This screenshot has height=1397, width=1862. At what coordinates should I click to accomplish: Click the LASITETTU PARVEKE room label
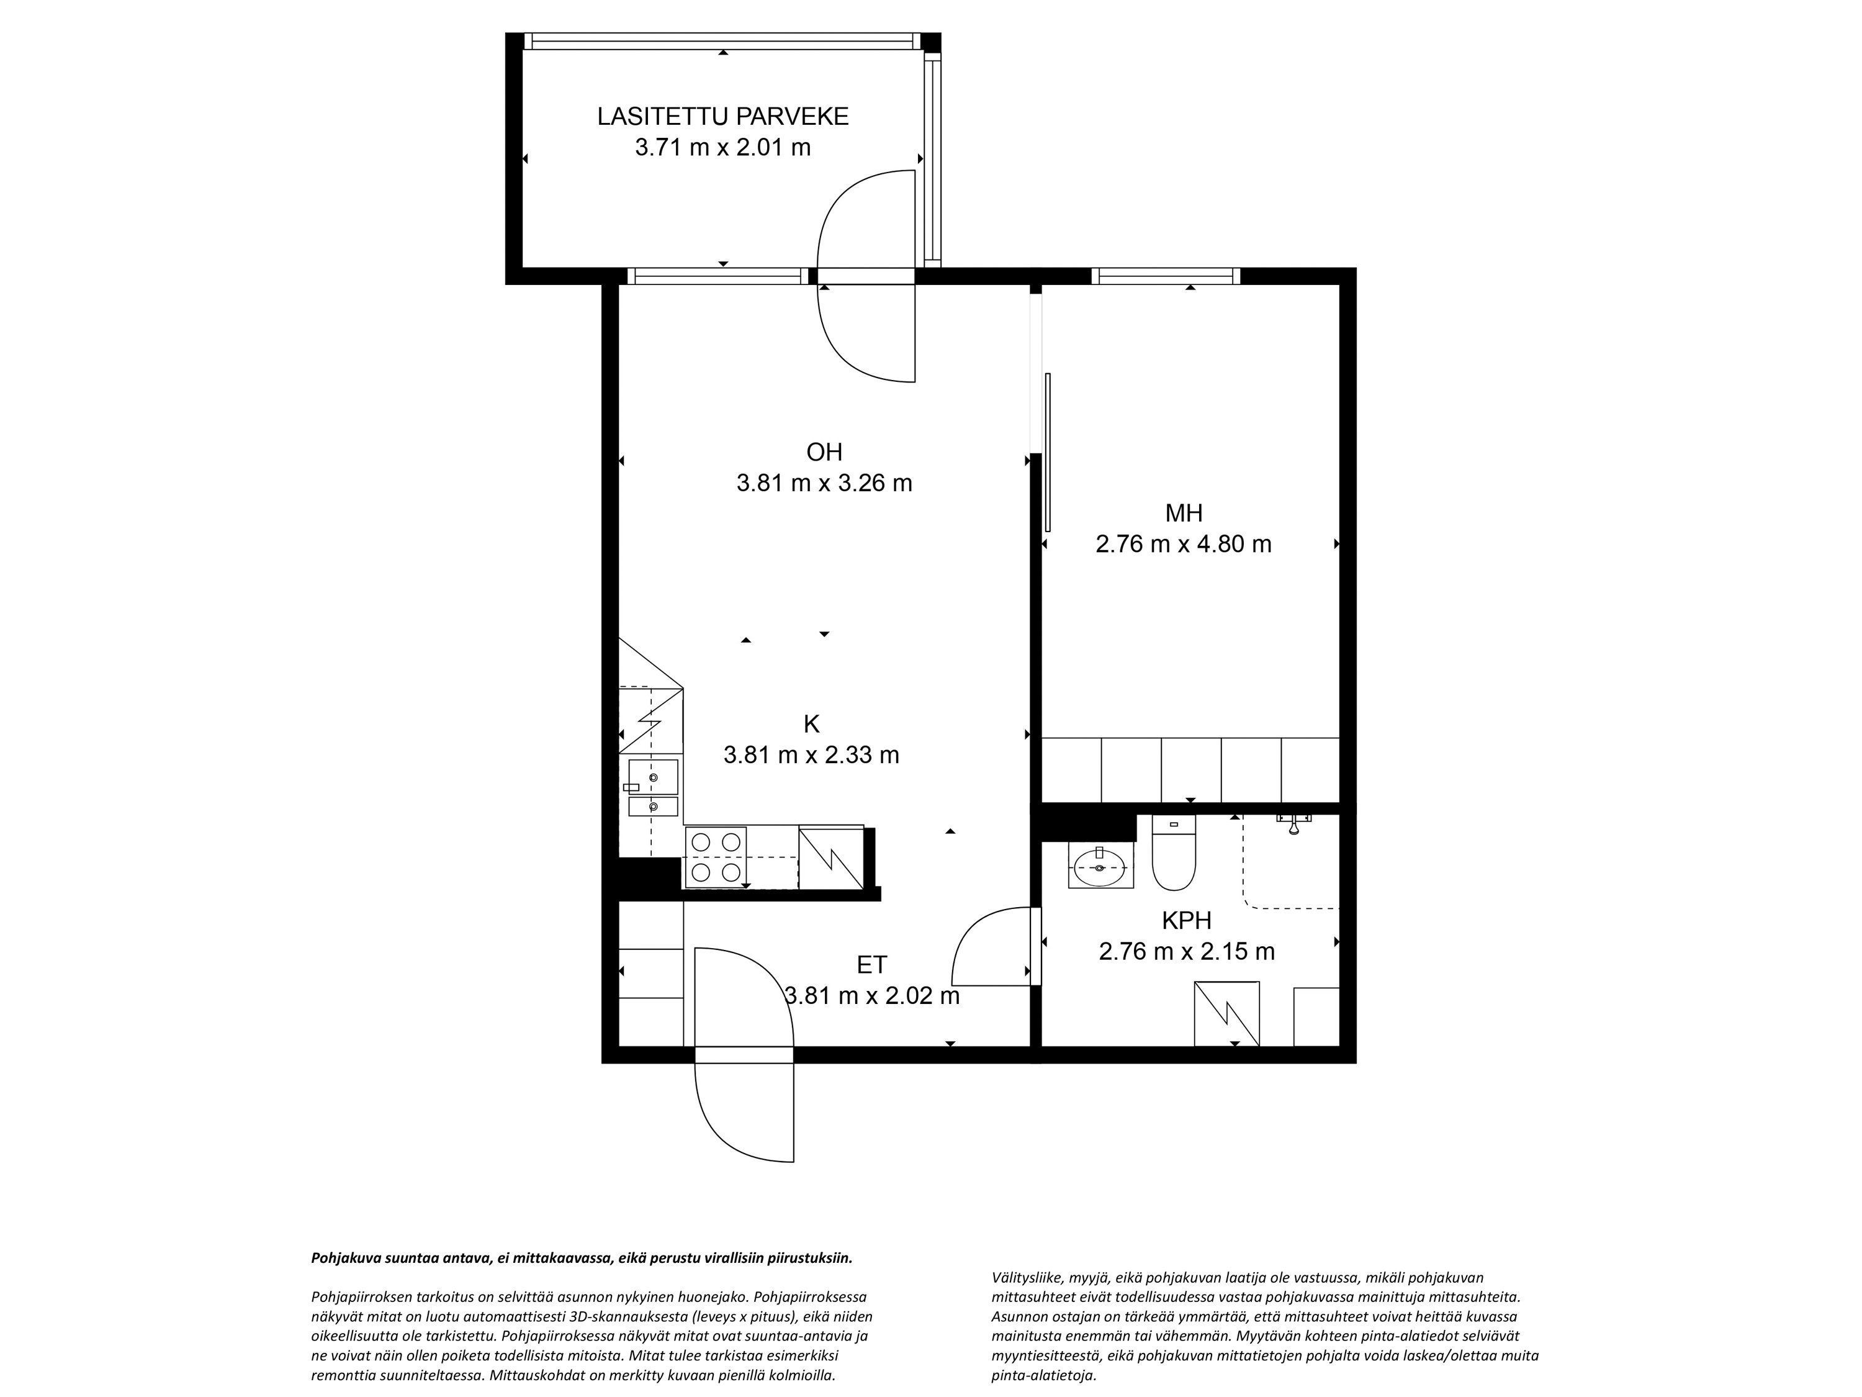[x=723, y=116]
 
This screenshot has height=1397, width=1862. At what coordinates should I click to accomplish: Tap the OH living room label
[x=824, y=452]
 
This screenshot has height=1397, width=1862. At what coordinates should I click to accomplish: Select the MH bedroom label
[x=1184, y=513]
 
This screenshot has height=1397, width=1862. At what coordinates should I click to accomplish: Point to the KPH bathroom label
[x=1187, y=920]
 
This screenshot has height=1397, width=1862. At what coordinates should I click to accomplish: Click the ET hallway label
[x=872, y=965]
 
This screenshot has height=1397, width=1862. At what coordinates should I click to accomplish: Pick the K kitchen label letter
[x=811, y=723]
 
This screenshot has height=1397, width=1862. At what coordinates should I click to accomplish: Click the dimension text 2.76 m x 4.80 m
[x=1184, y=544]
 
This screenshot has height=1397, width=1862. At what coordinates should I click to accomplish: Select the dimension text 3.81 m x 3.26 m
[x=824, y=483]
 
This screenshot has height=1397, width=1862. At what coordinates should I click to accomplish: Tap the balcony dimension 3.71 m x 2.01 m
[x=723, y=147]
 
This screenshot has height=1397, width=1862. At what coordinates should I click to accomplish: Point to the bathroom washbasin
[x=1100, y=865]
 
